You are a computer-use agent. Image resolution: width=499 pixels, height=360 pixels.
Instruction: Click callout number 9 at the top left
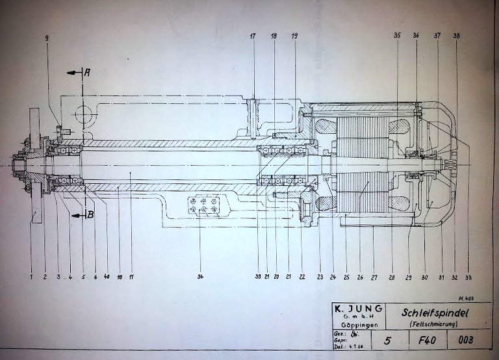47,38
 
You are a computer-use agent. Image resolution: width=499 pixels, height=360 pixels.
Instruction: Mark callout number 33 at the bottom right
469,277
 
